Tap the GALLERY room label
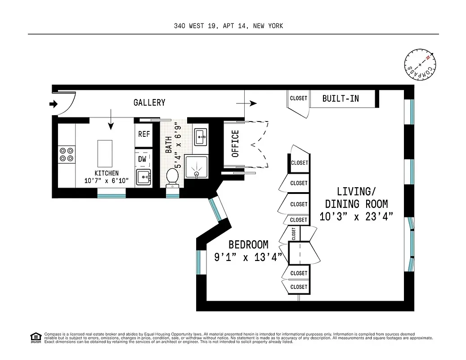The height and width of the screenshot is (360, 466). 149,103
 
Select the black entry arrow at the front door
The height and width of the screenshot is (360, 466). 54,104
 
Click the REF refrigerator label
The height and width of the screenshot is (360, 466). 144,134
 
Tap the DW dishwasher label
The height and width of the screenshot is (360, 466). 142,159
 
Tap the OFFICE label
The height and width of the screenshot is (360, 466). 235,144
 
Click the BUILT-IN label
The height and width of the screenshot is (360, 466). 341,98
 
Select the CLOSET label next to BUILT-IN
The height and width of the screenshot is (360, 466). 298,98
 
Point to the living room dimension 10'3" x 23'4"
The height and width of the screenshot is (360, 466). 356,217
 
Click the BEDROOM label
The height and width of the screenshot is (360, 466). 248,245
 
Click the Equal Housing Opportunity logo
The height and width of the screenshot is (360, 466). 35,337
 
